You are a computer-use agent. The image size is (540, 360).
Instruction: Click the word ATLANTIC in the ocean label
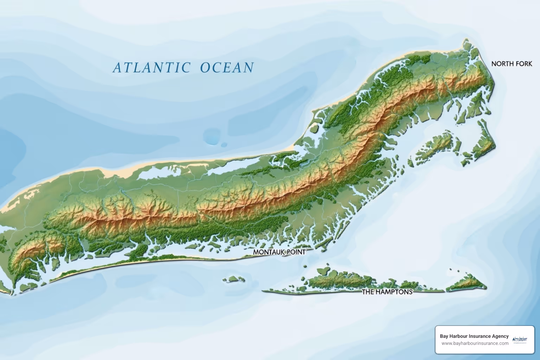152,67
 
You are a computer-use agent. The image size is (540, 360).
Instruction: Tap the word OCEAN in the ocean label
227,67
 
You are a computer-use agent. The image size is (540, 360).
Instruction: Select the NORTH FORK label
512,64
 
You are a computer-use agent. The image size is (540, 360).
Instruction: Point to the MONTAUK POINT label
279,252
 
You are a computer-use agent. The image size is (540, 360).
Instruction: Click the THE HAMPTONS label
387,292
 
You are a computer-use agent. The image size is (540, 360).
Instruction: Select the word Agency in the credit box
500,336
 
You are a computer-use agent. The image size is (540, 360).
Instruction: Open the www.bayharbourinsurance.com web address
475,343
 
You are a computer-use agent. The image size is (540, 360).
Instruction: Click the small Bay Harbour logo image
520,340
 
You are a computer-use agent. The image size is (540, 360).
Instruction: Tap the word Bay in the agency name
444,336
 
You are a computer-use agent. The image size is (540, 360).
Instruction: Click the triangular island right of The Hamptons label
468,284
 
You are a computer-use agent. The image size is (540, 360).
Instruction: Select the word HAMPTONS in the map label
393,292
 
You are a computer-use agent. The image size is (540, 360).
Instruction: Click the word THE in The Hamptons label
368,292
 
